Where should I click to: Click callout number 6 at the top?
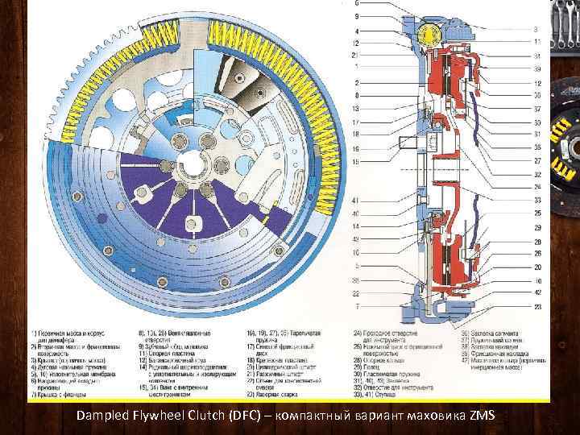click(357, 4)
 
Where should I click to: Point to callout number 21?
click(355, 55)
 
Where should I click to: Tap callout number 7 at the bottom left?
click(357, 306)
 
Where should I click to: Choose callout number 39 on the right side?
click(536, 69)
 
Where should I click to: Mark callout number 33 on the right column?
click(536, 200)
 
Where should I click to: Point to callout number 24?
click(536, 187)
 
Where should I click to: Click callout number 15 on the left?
click(355, 162)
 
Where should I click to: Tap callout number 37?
click(536, 109)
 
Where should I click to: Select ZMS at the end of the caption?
click(483, 415)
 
